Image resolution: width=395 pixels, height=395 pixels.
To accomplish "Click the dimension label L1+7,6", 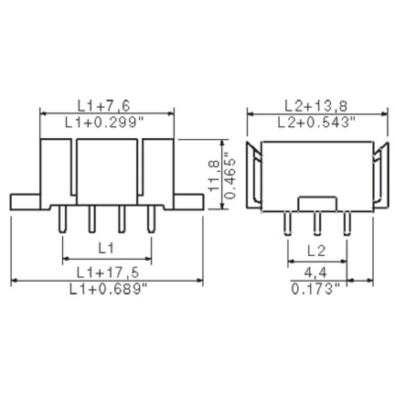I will tap(107, 105).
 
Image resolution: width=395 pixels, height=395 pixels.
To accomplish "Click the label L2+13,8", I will tap(316, 105).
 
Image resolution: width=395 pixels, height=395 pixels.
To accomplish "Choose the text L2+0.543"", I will tap(316, 122).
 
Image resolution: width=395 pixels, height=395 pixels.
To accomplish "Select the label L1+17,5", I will tap(107, 272).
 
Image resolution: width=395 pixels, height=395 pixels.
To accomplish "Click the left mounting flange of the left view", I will tap(25, 201).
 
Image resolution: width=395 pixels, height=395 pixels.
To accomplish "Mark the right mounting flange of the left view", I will tap(189, 201).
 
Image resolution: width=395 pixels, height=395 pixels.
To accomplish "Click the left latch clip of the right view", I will tap(254, 175).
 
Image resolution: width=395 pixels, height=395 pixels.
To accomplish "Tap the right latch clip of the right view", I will tap(380, 175).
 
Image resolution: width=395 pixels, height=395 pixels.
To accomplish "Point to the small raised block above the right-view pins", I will tap(317, 203).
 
